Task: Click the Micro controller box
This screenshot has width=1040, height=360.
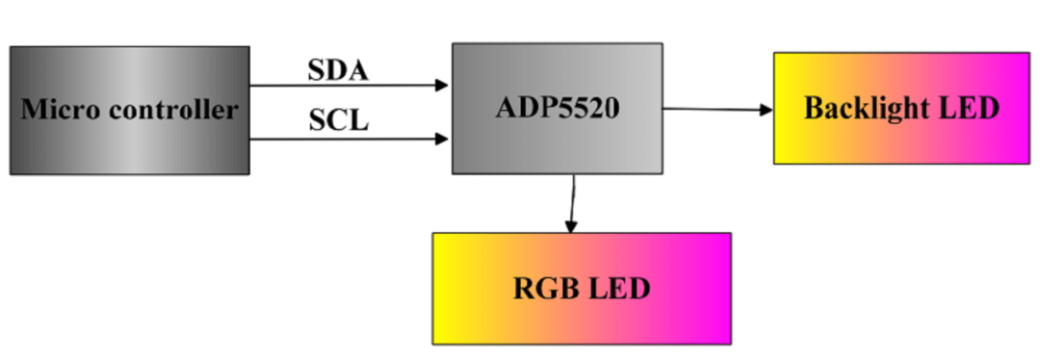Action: coord(130,110)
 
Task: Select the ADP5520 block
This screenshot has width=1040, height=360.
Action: coord(558,108)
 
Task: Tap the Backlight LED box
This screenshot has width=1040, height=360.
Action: coord(900,108)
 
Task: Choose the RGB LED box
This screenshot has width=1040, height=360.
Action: coord(581,288)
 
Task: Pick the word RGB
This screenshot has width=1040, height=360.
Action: coord(544,288)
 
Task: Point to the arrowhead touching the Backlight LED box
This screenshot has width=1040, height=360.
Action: coord(767,110)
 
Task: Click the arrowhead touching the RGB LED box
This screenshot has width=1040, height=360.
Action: coord(570,227)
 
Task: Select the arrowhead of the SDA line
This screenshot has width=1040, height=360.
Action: coord(444,85)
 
